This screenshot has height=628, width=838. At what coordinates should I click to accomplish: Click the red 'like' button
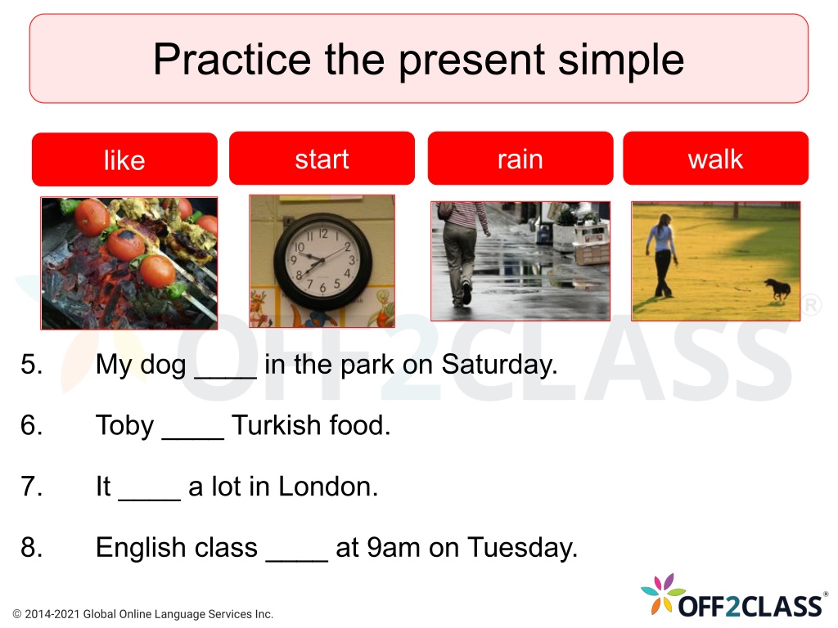[x=124, y=159]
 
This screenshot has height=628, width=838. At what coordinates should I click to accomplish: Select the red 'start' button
[x=322, y=159]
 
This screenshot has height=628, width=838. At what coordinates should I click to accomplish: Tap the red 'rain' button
[x=520, y=159]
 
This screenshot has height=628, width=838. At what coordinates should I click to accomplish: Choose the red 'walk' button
[x=715, y=159]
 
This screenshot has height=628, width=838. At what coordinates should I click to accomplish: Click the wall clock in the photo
[x=322, y=262]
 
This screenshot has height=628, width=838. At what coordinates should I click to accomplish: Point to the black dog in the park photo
[x=777, y=289]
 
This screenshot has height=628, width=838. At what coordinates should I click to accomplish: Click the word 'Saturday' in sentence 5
[x=499, y=366]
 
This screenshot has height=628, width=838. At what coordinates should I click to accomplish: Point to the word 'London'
[x=328, y=487]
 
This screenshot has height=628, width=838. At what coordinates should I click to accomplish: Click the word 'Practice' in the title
[x=232, y=59]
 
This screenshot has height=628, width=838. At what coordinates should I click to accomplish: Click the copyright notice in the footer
[x=142, y=614]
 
